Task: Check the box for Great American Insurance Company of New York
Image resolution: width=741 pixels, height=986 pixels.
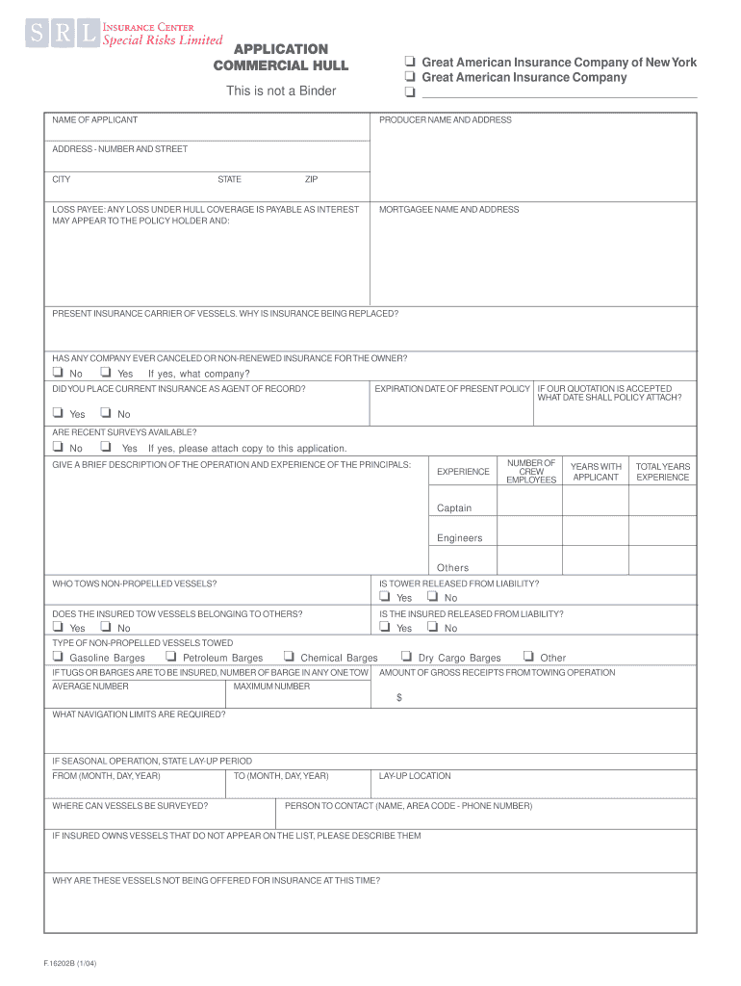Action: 410,63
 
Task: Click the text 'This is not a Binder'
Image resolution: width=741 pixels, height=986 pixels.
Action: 281,91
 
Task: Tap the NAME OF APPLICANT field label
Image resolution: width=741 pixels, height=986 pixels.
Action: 94,120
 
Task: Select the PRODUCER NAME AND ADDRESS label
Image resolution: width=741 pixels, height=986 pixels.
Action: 446,120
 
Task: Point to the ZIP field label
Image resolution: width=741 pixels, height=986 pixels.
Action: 311,179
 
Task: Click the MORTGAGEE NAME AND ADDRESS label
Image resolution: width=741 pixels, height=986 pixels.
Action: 448,209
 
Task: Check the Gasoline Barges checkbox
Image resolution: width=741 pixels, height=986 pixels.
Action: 58,657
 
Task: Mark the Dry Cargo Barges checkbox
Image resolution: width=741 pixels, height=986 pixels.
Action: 406,657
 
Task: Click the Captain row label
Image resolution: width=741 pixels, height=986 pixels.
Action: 454,508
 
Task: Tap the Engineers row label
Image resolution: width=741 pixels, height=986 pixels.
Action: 459,538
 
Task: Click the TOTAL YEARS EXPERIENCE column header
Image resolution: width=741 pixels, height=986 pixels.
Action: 662,472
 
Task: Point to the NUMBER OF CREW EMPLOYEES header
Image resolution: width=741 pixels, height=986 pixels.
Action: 531,471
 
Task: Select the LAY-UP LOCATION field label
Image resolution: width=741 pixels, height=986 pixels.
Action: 415,776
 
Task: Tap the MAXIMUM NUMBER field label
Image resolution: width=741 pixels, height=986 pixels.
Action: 271,687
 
